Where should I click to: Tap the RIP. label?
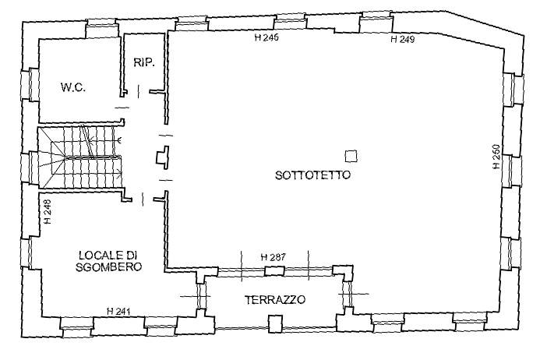[x=143, y=64]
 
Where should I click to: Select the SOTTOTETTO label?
[x=312, y=175]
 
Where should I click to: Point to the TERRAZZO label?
[x=274, y=299]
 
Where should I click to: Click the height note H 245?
[x=266, y=37]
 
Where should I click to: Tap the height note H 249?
[x=402, y=38]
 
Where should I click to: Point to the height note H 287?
[x=273, y=256]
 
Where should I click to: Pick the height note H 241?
[x=118, y=311]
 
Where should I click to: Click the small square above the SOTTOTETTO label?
[x=351, y=155]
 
